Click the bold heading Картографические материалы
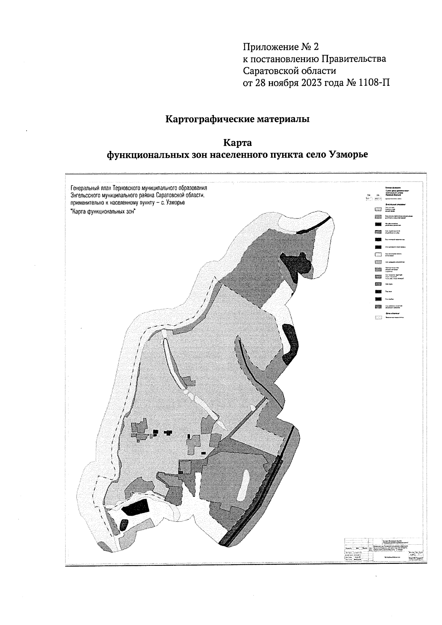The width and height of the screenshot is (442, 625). point(237,120)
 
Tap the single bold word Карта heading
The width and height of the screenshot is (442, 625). point(237,143)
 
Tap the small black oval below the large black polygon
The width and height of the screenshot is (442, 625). point(124,524)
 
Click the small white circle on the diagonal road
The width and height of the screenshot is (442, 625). point(253,408)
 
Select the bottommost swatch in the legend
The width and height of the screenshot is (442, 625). point(378,316)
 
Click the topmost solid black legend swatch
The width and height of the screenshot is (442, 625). point(378,224)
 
